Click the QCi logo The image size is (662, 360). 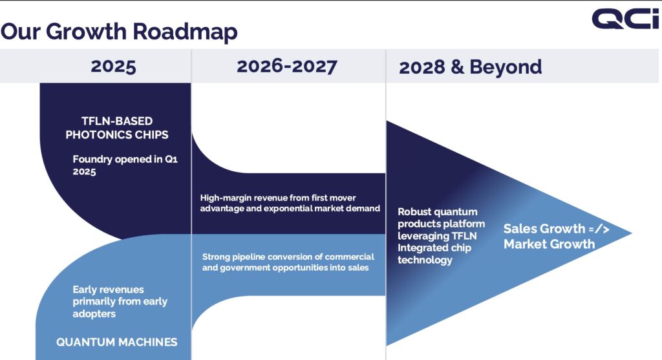point(625,19)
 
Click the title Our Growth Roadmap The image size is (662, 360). point(119,32)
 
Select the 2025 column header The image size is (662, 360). point(113,67)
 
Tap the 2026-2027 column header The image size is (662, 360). point(286,67)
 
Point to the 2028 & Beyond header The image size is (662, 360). point(471,67)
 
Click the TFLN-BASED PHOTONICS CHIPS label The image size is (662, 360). point(117,128)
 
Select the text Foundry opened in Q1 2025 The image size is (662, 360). point(125,165)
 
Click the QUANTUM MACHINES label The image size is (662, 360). point(117,342)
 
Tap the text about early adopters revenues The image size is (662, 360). point(120,301)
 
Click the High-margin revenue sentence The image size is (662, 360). point(290,203)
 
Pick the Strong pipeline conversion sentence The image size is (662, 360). point(288,262)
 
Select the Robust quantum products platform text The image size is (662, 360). point(441,235)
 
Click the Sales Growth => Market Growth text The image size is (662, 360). point(557,237)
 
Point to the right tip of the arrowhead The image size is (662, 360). point(632,233)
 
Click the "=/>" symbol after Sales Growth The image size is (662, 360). point(599,229)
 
